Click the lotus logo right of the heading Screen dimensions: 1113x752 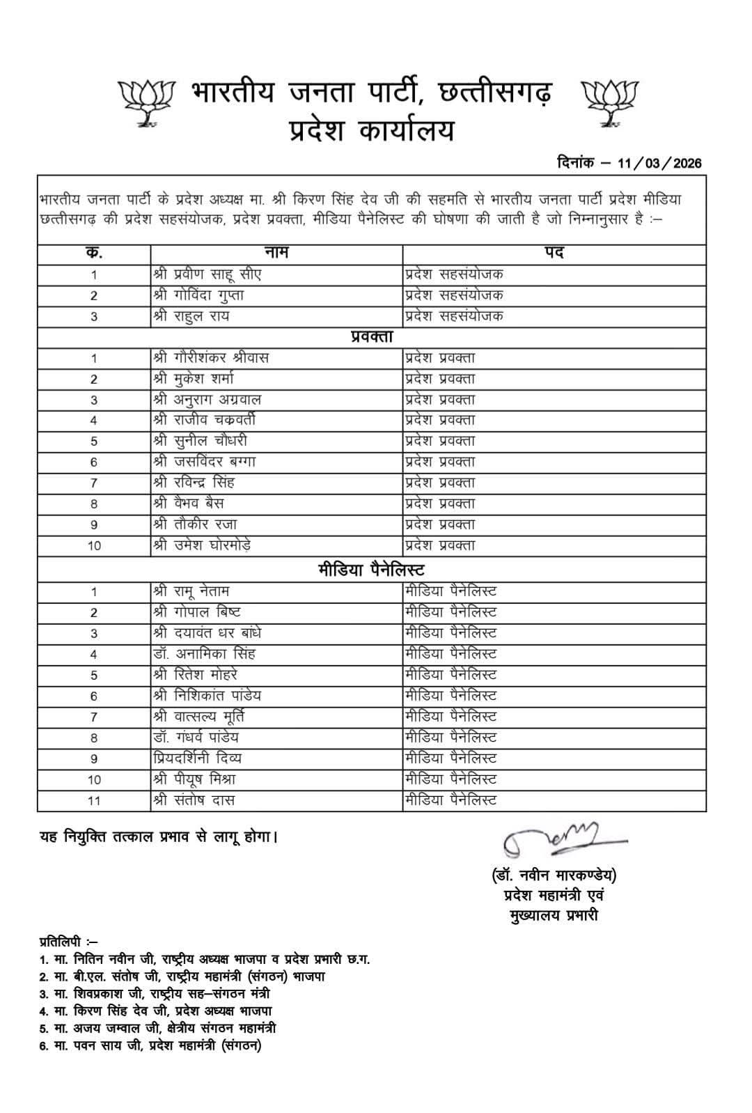610,103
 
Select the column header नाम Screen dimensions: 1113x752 276,253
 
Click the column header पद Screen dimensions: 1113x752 554,253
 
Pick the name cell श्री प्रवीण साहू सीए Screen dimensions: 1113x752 207,274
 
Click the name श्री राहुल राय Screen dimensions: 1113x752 191,316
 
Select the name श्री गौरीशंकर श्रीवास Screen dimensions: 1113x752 211,358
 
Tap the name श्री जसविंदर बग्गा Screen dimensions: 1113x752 205,462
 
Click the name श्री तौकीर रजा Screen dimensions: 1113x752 196,524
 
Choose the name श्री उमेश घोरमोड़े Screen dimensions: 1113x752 202,545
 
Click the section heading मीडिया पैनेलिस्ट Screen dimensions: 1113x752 372,570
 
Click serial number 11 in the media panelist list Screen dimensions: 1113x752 94,801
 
